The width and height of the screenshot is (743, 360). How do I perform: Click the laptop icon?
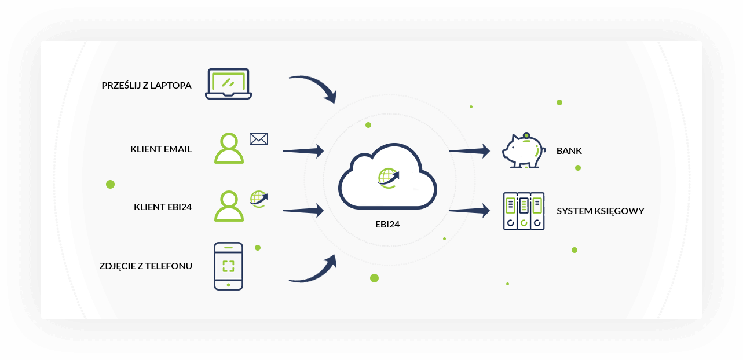tap(228, 84)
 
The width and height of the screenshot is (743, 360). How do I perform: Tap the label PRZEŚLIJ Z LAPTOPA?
tap(147, 86)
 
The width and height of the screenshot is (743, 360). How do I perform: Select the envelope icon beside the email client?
tap(259, 139)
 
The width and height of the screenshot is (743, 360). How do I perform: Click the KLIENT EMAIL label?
tap(161, 149)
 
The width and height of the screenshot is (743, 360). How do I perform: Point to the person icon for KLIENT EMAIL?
tap(229, 148)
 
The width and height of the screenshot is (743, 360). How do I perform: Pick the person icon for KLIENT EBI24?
tap(229, 206)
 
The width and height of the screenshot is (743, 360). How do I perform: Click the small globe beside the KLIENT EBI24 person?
tap(259, 199)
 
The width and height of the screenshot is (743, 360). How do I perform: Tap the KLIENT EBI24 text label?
tap(163, 207)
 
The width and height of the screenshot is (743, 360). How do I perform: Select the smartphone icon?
tap(228, 266)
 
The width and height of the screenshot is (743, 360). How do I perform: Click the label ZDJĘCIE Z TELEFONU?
tap(145, 266)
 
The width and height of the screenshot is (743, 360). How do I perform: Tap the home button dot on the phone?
tap(228, 285)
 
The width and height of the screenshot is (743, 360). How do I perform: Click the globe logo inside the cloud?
tap(388, 178)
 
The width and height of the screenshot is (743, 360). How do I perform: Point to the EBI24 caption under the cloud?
tap(387, 225)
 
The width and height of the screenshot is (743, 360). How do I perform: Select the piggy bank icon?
tap(524, 150)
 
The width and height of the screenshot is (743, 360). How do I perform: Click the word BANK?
tap(569, 151)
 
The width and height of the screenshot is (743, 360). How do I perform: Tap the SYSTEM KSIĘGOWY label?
tap(601, 211)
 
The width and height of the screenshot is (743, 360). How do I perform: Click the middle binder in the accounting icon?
tap(524, 211)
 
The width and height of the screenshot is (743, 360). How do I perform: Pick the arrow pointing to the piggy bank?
tap(469, 151)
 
